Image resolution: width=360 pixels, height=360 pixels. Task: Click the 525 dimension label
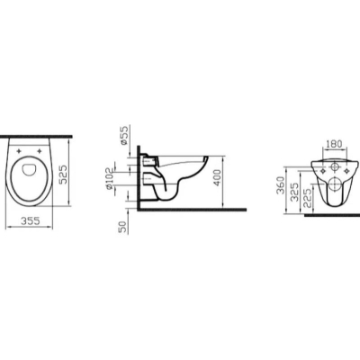[63, 175]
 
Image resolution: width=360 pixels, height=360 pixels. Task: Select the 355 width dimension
[30, 220]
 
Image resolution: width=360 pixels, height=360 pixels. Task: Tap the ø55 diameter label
[123, 135]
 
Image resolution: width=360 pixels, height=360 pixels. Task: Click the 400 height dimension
[218, 178]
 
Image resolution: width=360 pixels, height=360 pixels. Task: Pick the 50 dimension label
[123, 226]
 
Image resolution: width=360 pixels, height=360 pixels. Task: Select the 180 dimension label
[334, 144]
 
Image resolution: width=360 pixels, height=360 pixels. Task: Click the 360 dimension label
[280, 184]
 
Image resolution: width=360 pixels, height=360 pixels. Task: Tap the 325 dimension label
[295, 192]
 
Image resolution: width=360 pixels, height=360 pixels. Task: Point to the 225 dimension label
[308, 198]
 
